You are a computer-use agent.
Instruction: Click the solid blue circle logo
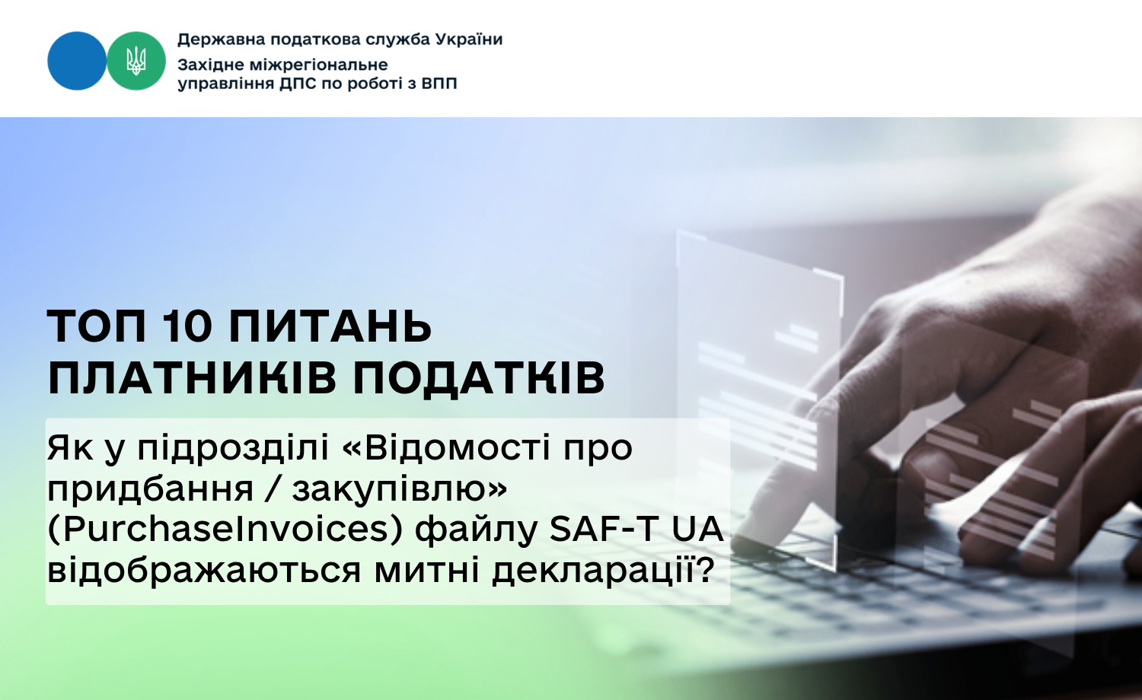pyautogui.click(x=77, y=61)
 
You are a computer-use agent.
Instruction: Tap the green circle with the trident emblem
pyautogui.click(x=136, y=61)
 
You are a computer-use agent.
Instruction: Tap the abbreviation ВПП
pyautogui.click(x=439, y=84)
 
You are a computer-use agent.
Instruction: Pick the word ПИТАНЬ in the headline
pyautogui.click(x=330, y=326)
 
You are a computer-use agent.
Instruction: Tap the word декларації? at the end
pyautogui.click(x=604, y=570)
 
